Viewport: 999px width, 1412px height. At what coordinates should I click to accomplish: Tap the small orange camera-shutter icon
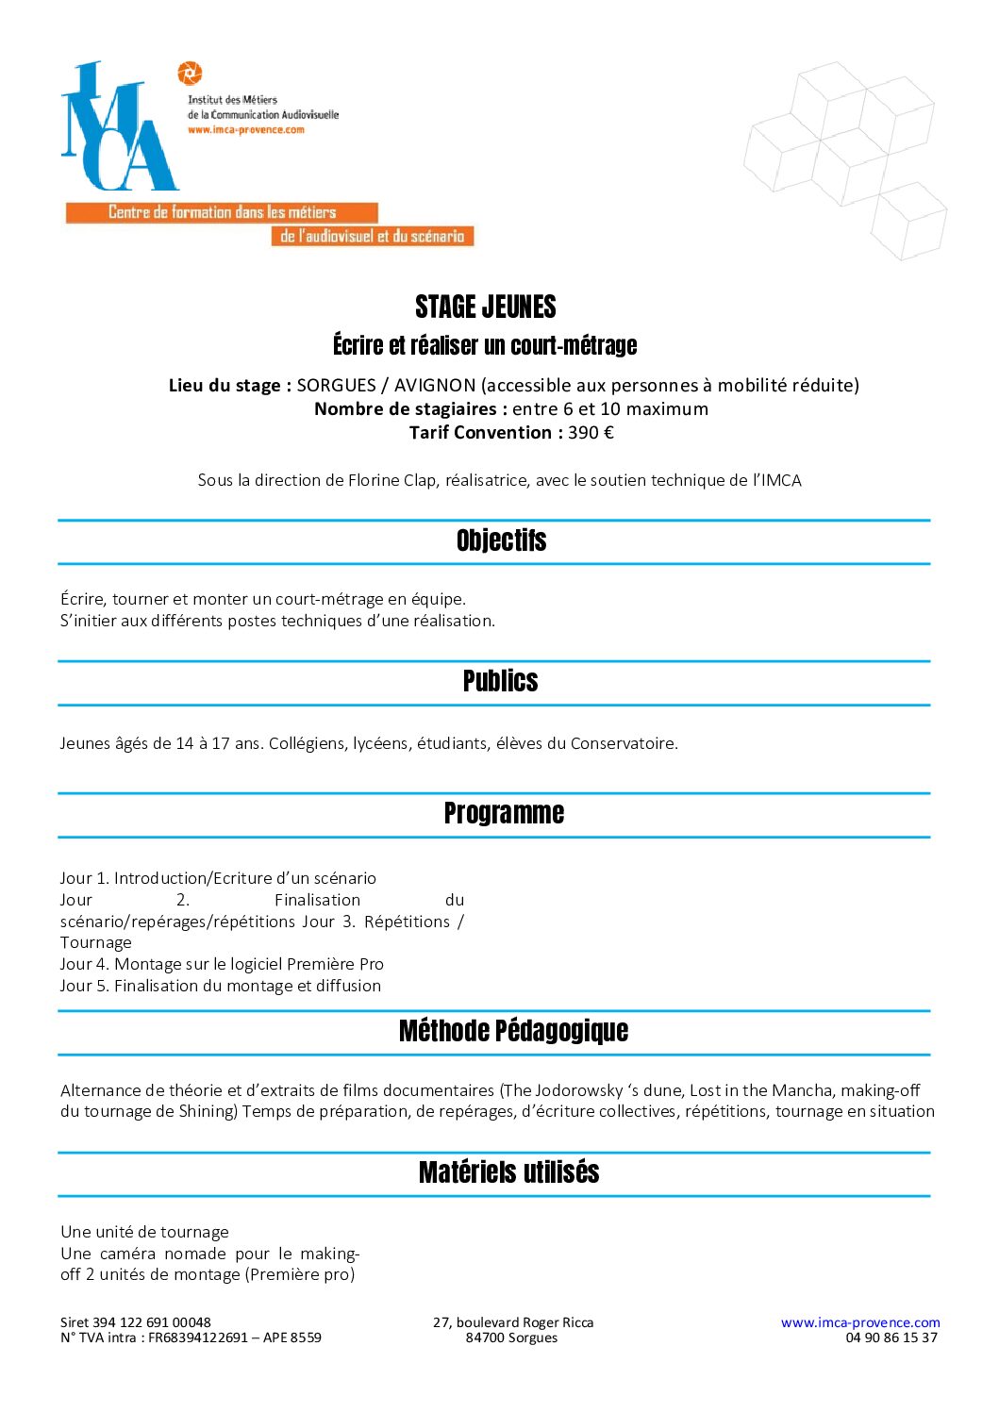(190, 73)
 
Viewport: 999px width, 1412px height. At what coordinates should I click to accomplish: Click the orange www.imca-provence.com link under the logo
(245, 130)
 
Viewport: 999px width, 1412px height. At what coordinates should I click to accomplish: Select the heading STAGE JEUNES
(486, 307)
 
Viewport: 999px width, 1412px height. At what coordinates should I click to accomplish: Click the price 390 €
(591, 433)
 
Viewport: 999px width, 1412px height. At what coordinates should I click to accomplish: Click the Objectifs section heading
(501, 540)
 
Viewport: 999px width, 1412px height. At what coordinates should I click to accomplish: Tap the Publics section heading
(500, 681)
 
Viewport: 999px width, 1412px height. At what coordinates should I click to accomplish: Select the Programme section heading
(504, 813)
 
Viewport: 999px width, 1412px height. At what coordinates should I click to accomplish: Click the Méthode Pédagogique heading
(513, 1031)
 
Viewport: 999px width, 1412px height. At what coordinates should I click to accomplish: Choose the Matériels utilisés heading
(508, 1172)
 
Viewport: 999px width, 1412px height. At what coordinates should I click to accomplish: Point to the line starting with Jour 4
(222, 964)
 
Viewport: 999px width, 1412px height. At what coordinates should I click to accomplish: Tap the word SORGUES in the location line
(336, 385)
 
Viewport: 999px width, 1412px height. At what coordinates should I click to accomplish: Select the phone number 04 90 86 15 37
(891, 1337)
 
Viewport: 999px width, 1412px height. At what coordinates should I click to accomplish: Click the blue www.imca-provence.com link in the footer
(860, 1322)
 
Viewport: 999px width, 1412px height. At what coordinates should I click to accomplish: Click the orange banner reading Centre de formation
(222, 213)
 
